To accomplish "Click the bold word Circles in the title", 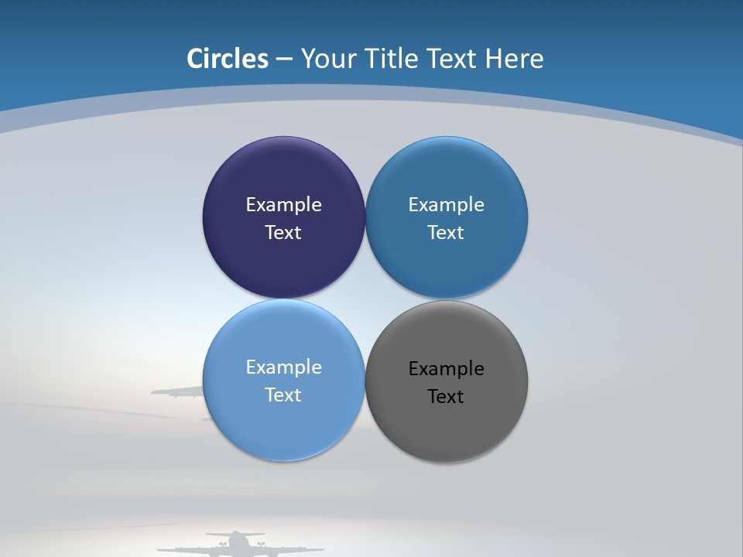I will (x=227, y=59).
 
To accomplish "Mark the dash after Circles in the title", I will (x=284, y=60).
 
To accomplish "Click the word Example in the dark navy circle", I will (x=283, y=204).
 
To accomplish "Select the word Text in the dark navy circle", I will (x=283, y=232).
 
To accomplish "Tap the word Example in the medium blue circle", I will (x=446, y=204).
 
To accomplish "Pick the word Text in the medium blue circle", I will (x=446, y=232).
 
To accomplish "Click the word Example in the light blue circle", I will (x=283, y=367).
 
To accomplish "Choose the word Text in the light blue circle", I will (x=283, y=395).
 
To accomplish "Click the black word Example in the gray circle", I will (x=446, y=368).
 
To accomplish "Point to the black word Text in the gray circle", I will (x=446, y=396).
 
